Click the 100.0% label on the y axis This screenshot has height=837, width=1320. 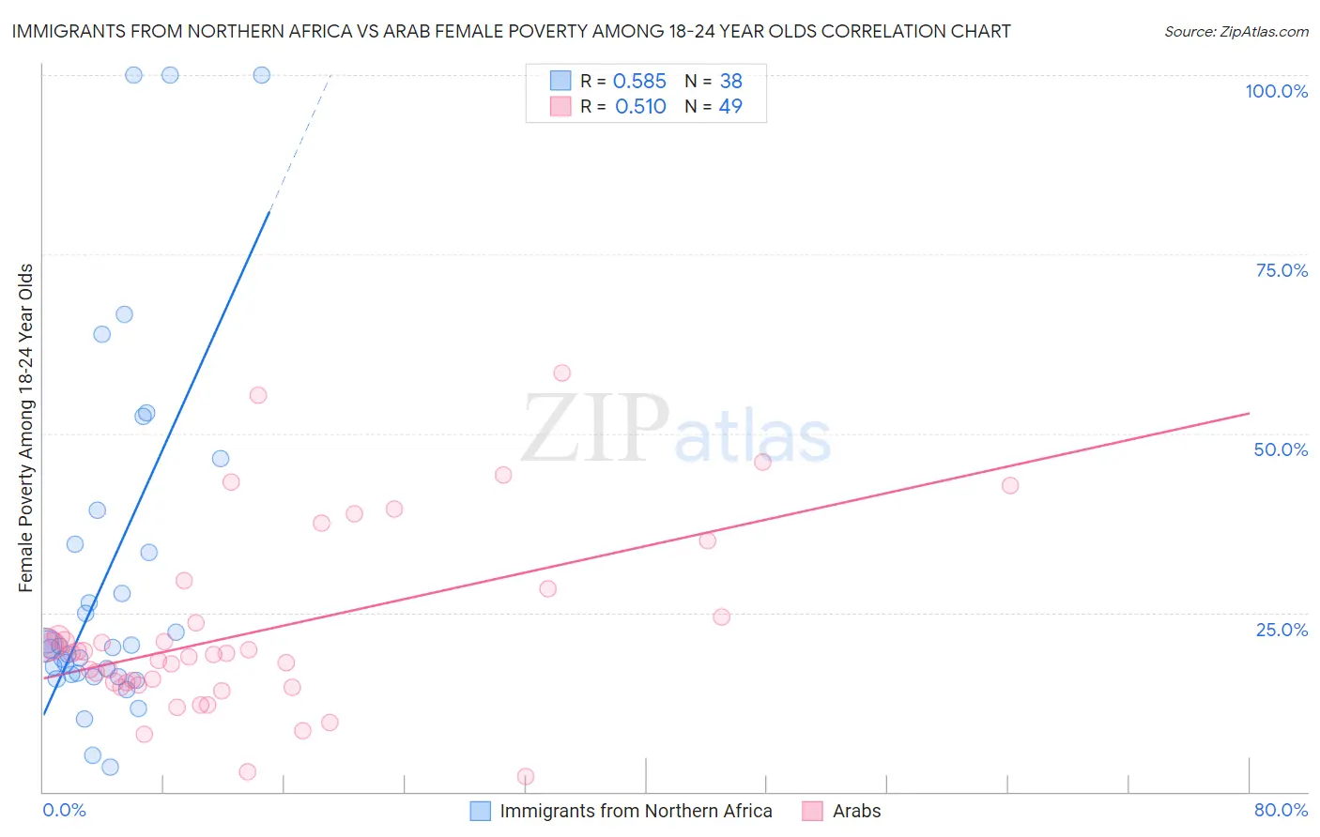pos(1276,91)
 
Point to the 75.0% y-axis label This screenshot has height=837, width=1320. pos(1282,270)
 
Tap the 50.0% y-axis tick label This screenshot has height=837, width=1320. pos(1281,449)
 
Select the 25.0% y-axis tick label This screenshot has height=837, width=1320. pos(1282,630)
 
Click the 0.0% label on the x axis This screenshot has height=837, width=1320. pos(64,810)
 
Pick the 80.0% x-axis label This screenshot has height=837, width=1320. pos(1281,810)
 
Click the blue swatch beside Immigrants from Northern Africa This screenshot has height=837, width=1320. pos(480,811)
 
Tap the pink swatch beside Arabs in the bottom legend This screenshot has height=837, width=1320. pos(813,811)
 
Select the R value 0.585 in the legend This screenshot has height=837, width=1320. pos(639,81)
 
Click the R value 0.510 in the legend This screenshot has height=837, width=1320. pos(640,106)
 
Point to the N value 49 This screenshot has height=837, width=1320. pos(730,106)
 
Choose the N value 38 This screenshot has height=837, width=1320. pos(730,81)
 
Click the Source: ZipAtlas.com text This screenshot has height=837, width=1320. pos(1236,31)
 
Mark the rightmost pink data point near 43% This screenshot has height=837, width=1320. pos(1010,485)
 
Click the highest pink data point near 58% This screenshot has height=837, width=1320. pos(561,373)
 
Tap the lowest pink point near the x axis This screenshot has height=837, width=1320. pos(526,776)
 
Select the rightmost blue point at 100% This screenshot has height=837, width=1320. pos(262,75)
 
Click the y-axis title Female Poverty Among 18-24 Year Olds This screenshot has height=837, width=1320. pos(25,428)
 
